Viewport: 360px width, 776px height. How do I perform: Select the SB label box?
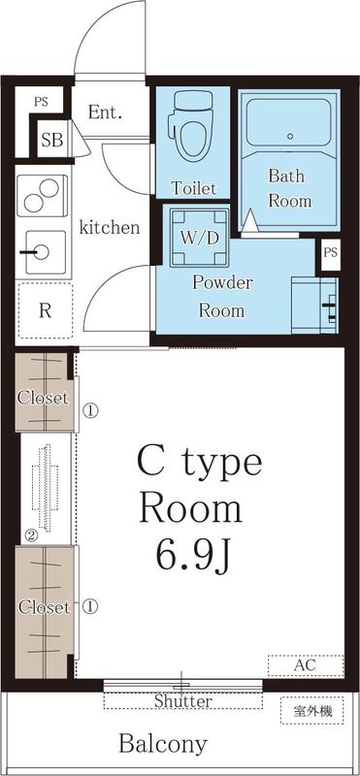point(51,141)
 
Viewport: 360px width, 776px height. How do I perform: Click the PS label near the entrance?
point(41,101)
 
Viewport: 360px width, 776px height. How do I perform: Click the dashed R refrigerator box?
point(44,311)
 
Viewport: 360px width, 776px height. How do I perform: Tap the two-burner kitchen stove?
point(42,197)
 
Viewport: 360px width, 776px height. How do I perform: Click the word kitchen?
point(109,228)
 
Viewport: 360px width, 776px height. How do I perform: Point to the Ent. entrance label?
point(105,113)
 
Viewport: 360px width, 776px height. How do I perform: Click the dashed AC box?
point(305,665)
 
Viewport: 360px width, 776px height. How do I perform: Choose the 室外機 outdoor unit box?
point(312,711)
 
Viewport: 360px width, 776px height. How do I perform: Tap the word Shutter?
point(182,700)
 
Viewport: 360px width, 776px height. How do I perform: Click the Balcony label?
point(163,744)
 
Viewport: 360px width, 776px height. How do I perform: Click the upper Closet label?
point(43,398)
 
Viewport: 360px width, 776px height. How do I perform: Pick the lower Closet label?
point(43,608)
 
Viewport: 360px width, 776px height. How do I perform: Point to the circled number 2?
point(31,534)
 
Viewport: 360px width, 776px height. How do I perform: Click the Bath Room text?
point(290,188)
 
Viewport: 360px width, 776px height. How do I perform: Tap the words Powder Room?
point(222,297)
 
